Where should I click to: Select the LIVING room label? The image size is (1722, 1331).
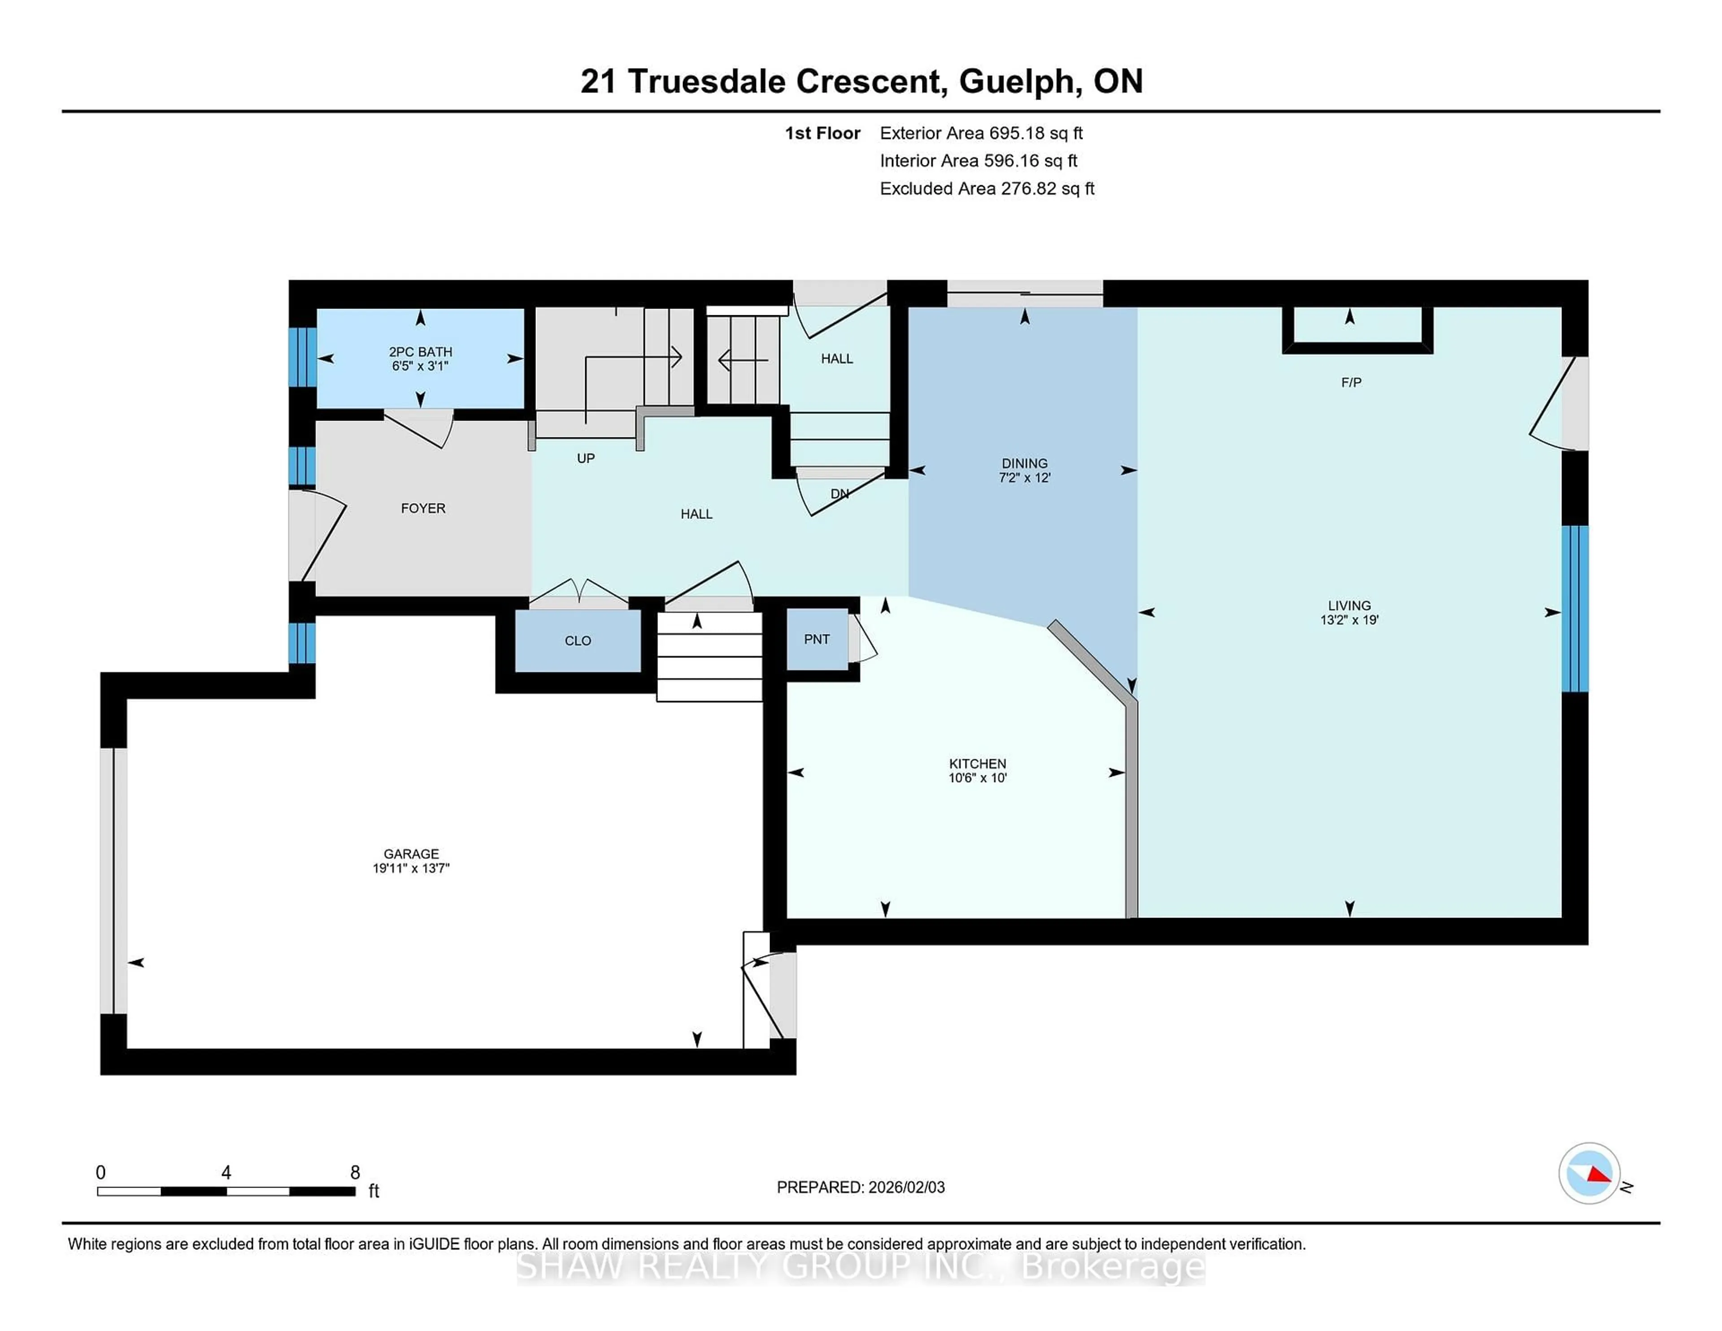[1349, 605]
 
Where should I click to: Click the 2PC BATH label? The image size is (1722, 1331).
[420, 352]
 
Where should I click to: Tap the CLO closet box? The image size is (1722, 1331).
[578, 641]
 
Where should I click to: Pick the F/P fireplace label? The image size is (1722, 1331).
[1351, 383]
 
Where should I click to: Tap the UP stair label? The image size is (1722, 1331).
[585, 458]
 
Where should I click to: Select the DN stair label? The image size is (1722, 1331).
[840, 494]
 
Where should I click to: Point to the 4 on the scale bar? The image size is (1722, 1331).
[226, 1173]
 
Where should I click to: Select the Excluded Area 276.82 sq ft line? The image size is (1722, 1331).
[987, 188]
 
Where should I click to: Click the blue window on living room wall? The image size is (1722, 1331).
[1574, 608]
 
